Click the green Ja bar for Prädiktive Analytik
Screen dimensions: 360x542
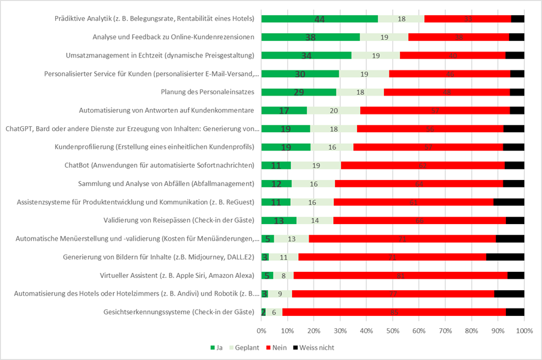(x=318, y=19)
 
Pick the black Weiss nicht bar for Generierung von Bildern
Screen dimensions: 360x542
(x=505, y=257)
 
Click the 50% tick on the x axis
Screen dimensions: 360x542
(x=393, y=331)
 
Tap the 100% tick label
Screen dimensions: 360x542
(x=524, y=331)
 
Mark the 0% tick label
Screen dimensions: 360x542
(x=262, y=331)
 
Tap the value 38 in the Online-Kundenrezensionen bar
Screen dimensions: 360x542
(x=310, y=37)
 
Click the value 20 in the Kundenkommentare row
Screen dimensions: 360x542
(x=333, y=111)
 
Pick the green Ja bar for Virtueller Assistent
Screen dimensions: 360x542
(x=267, y=276)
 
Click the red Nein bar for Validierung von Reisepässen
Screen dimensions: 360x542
(x=420, y=220)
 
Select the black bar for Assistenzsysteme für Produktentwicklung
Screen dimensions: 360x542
(x=508, y=202)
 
